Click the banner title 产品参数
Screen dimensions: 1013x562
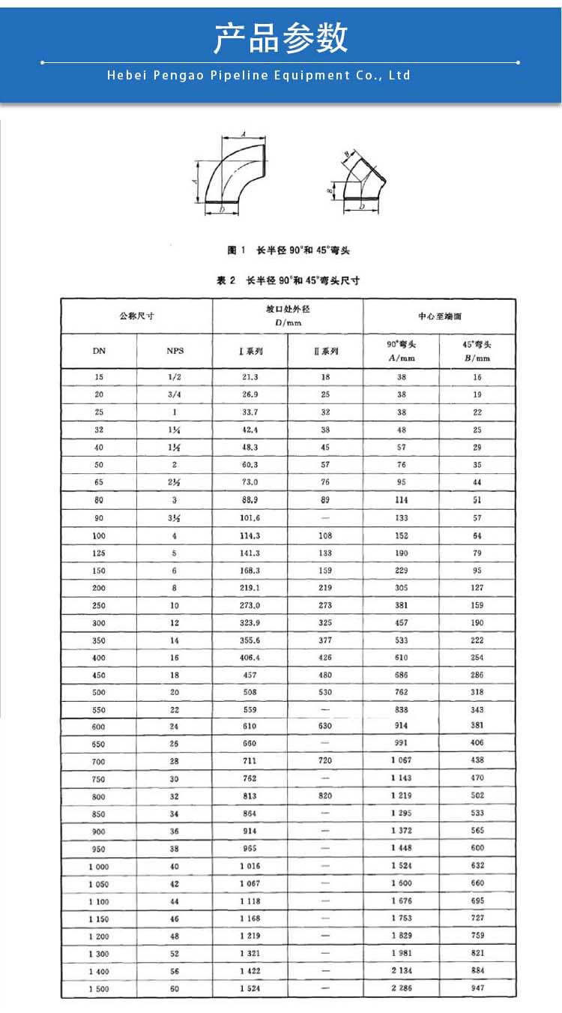click(281, 37)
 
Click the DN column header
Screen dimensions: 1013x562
click(99, 350)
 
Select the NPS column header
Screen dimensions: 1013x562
click(175, 350)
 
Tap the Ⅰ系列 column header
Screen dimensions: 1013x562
click(250, 350)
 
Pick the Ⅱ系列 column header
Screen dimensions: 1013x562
click(326, 350)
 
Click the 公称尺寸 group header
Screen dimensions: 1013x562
click(136, 316)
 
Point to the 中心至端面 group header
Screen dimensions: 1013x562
click(440, 316)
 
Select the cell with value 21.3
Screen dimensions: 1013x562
click(250, 377)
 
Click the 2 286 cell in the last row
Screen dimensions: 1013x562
click(402, 988)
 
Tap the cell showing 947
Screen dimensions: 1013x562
click(477, 988)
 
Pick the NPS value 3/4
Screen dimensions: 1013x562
click(175, 394)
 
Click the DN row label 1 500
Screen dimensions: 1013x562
click(99, 989)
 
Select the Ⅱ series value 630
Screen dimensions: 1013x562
click(326, 726)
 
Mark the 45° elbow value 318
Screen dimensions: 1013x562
click(477, 692)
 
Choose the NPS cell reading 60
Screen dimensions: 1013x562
click(175, 989)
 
